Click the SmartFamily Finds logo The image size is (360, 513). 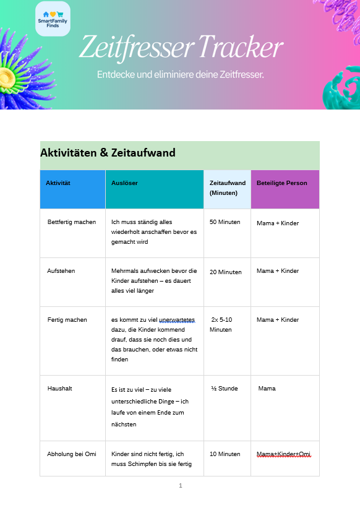pos(53,19)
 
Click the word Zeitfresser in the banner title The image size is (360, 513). pos(135,47)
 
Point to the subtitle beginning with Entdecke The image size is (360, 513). pos(180,75)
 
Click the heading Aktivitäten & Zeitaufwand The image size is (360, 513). pos(108,153)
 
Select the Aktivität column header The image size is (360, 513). pos(58,183)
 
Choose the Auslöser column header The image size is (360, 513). pos(124,183)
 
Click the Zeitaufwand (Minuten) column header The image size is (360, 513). pos(227,188)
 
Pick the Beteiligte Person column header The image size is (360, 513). pos(281,183)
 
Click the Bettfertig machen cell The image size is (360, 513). pos(72,222)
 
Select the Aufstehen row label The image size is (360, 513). pos(61,271)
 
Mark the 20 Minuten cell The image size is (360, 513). pos(225,272)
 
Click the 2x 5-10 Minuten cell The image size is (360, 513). pos(221,325)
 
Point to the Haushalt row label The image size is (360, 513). pos(60,389)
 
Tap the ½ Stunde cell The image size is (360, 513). pos(224,389)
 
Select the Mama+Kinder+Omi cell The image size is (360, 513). pos(283,454)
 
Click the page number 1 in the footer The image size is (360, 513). pos(180,486)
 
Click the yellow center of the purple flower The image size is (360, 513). pos(7,77)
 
